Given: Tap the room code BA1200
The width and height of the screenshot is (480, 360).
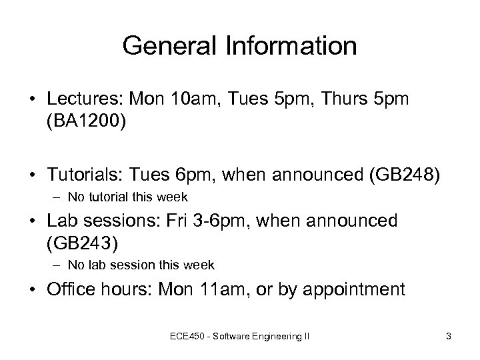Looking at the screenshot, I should point(84,123).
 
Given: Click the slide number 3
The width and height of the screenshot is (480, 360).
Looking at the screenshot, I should point(449,337).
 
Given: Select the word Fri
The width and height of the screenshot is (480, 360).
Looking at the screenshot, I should point(189,219).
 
